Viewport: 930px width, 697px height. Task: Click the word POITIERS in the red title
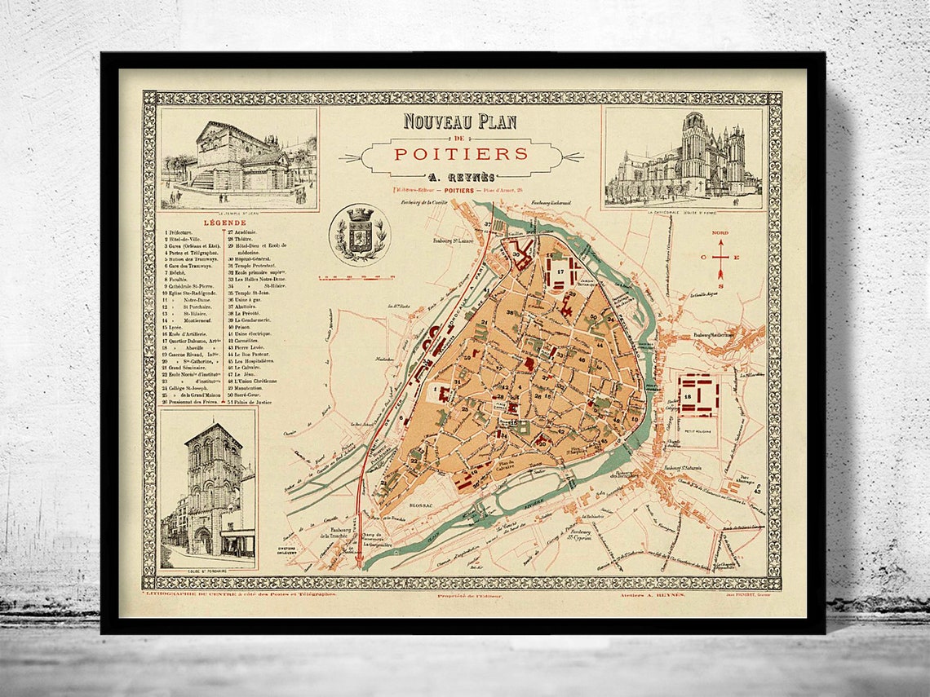point(461,153)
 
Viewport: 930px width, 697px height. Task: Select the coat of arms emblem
point(360,234)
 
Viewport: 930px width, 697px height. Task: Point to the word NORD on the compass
point(720,232)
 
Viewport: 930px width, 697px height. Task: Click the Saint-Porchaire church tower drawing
point(208,488)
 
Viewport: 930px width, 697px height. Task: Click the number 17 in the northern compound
point(560,271)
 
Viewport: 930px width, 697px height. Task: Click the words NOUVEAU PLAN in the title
point(460,121)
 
